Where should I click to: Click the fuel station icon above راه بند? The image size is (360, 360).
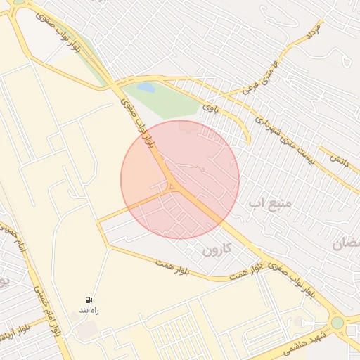(x=89, y=300)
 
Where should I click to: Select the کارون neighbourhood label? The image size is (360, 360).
(x=216, y=250)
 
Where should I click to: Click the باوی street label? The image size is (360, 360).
(x=210, y=108)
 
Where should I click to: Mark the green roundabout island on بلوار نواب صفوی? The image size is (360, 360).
(x=338, y=323)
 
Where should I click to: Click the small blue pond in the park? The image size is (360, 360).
(x=146, y=88)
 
